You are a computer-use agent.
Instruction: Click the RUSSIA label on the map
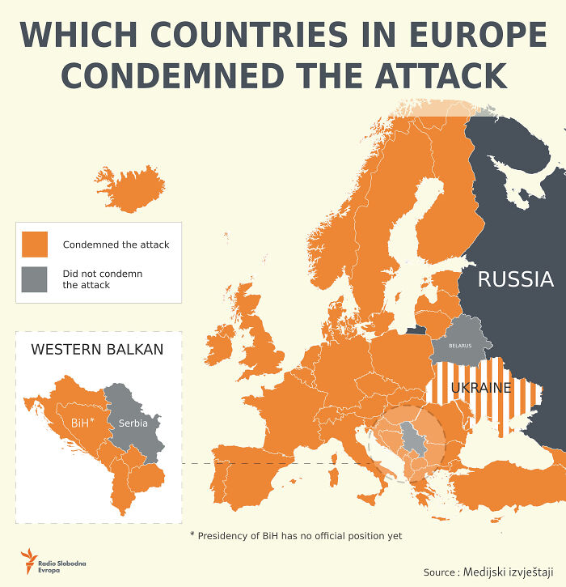point(515,280)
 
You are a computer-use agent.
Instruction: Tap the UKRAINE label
point(481,387)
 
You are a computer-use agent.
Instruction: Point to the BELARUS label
point(460,346)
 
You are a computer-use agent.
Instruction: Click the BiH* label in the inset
point(82,423)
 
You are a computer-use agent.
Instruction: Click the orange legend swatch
point(36,244)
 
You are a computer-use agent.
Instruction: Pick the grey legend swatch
point(36,279)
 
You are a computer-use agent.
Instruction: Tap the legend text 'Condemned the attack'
point(116,245)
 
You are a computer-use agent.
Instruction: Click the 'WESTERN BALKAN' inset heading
point(97,350)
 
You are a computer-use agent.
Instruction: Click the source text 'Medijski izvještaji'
point(509,572)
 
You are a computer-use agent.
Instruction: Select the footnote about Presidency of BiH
point(295,535)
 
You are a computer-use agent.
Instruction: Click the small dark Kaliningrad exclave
point(416,330)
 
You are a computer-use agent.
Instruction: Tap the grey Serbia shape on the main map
point(412,440)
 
